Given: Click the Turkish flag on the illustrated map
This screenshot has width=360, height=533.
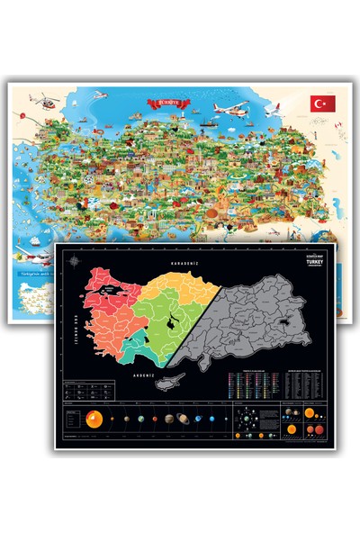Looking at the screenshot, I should coord(321,104).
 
